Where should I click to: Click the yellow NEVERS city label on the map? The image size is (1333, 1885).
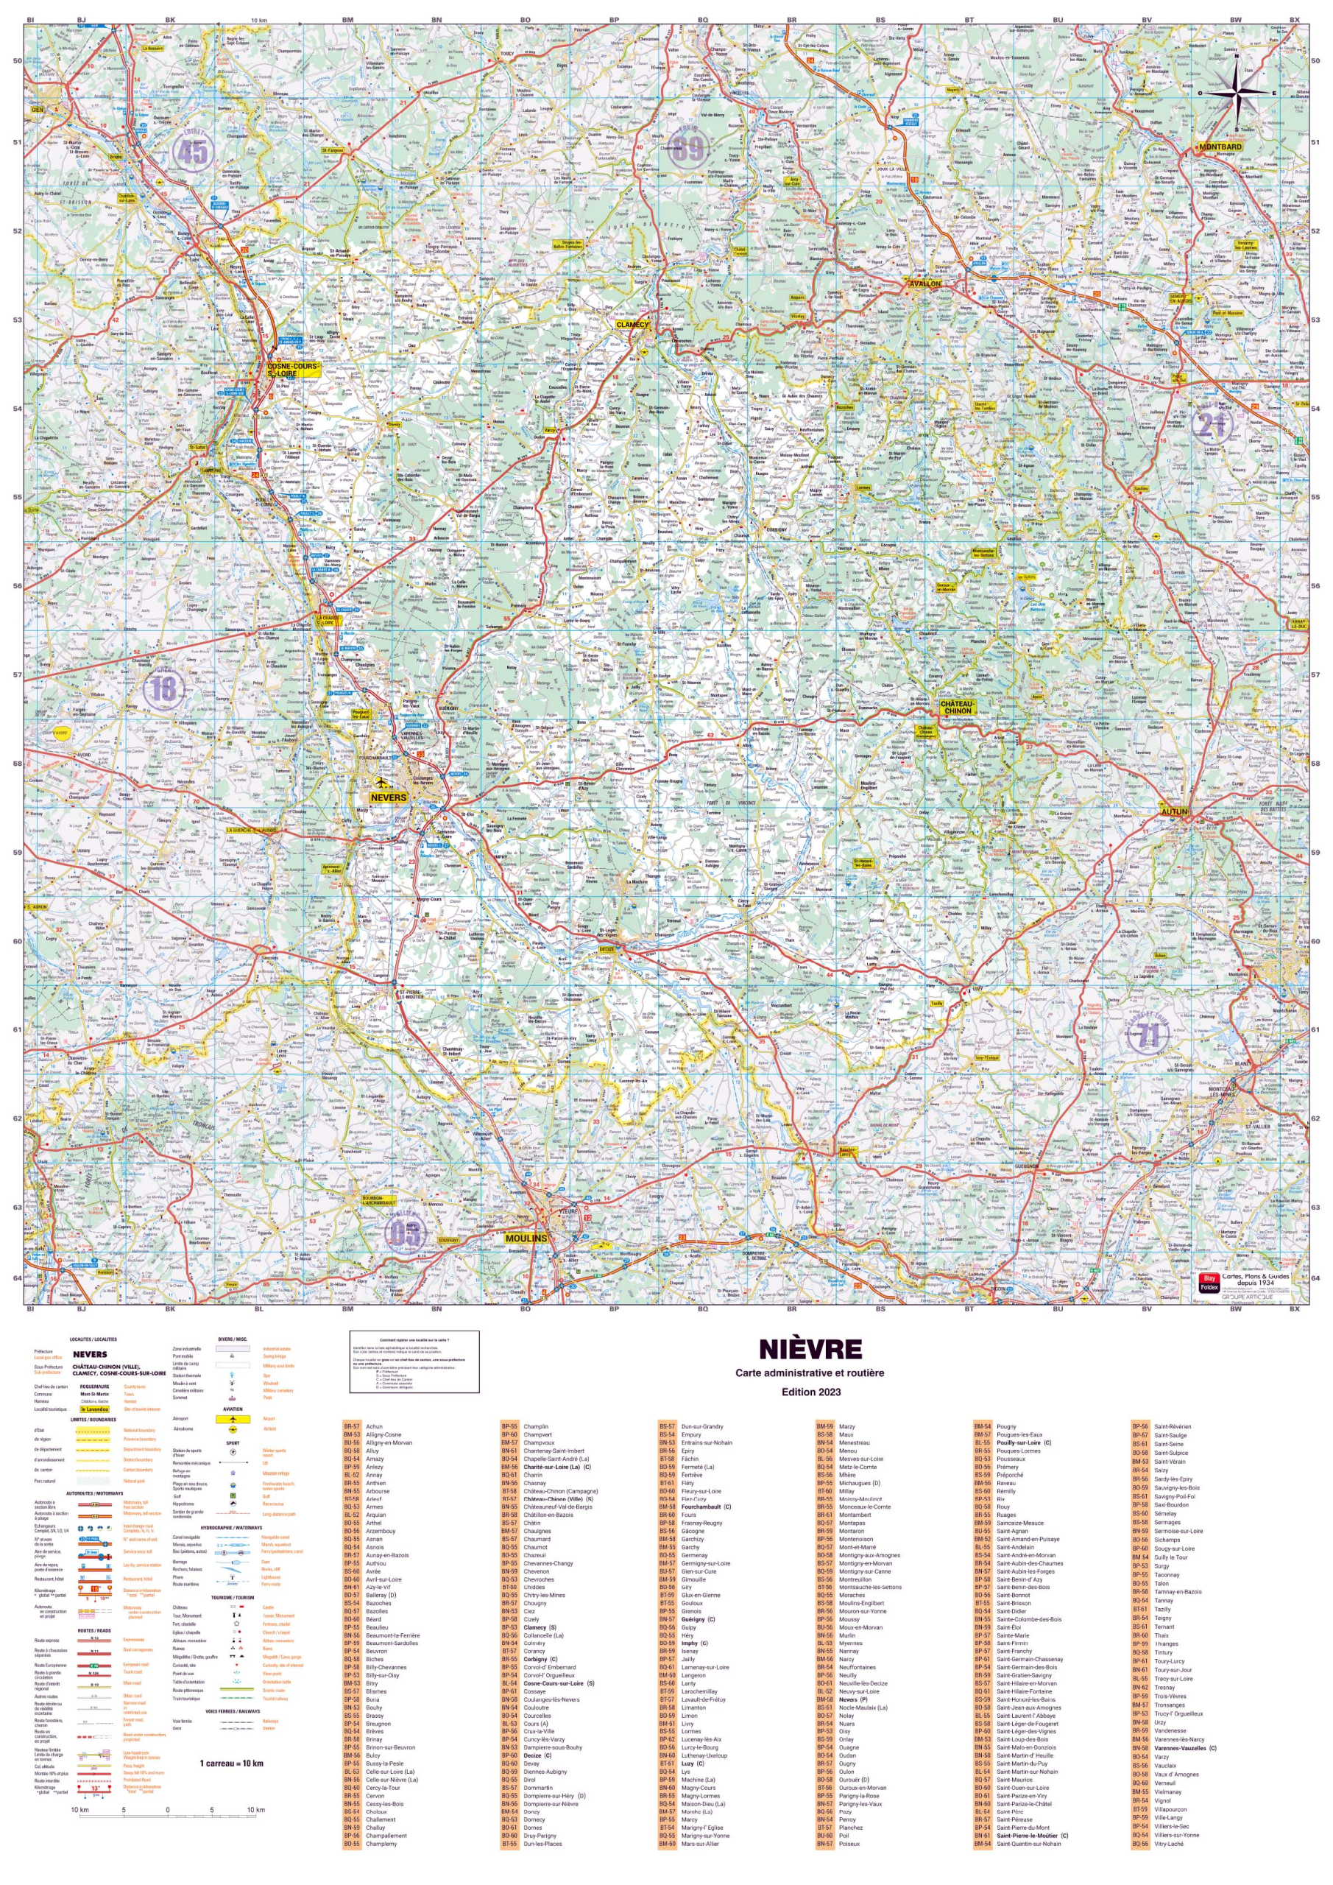coord(388,797)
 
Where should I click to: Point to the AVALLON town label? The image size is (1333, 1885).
coord(924,284)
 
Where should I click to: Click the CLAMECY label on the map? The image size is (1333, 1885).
coord(632,324)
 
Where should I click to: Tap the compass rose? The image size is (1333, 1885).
coord(1237,94)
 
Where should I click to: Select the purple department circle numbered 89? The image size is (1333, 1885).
coord(689,149)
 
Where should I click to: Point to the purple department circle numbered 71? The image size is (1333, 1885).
coord(1148,1036)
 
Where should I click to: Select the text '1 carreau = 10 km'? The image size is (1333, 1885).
coord(231,1763)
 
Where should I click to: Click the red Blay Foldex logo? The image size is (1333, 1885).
coord(1208,1283)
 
